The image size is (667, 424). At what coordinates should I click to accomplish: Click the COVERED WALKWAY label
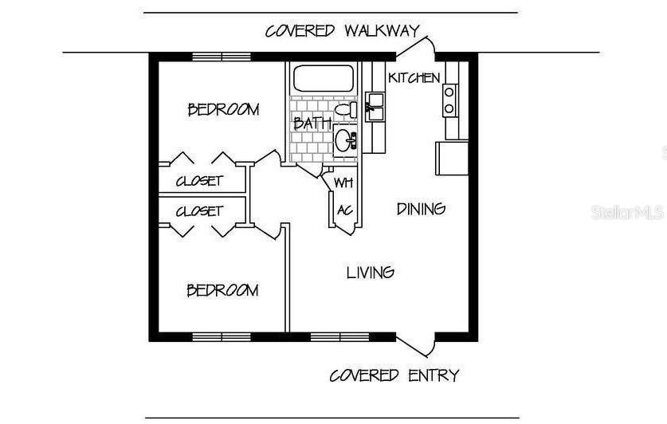pyautogui.click(x=342, y=31)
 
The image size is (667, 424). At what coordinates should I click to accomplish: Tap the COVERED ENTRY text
pyautogui.click(x=394, y=375)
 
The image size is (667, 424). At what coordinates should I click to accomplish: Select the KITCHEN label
pyautogui.click(x=414, y=77)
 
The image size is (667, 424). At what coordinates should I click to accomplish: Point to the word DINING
pyautogui.click(x=421, y=209)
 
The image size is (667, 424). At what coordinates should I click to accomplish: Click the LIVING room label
pyautogui.click(x=371, y=273)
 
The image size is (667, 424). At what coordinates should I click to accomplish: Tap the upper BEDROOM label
pyautogui.click(x=223, y=109)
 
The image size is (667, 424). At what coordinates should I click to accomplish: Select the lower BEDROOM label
pyautogui.click(x=222, y=290)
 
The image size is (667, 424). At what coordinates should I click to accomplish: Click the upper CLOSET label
pyautogui.click(x=199, y=181)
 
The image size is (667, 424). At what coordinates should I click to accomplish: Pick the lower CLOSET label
pyautogui.click(x=199, y=211)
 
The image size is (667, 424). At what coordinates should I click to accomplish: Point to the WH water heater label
pyautogui.click(x=343, y=183)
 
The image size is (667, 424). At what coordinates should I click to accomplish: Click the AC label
pyautogui.click(x=344, y=210)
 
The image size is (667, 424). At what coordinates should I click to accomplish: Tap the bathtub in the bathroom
pyautogui.click(x=323, y=79)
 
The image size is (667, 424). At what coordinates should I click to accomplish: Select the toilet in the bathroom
pyautogui.click(x=347, y=110)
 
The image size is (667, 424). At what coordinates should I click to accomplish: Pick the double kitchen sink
pyautogui.click(x=375, y=105)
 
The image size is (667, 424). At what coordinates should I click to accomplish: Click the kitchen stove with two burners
pyautogui.click(x=449, y=100)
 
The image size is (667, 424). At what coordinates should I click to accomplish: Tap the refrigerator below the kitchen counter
pyautogui.click(x=451, y=157)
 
